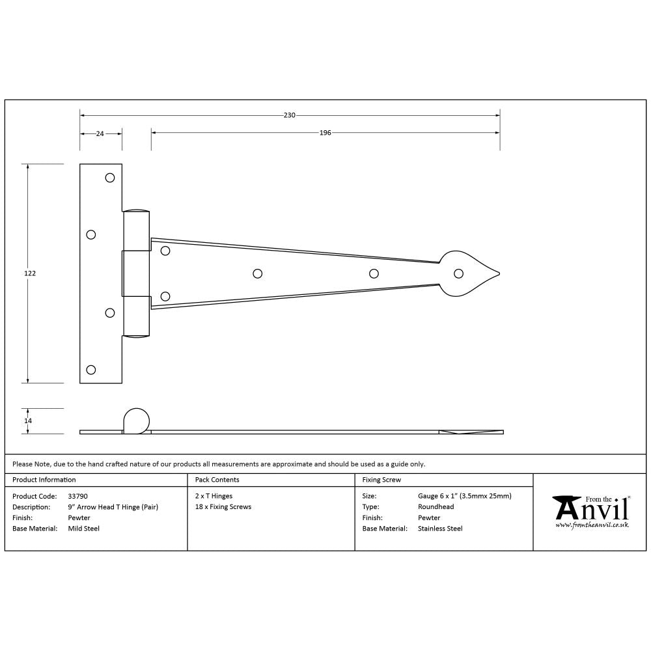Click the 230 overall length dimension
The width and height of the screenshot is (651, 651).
coord(290,115)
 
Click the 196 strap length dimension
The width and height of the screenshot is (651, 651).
coord(325,133)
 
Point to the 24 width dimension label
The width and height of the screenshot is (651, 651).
coord(100,133)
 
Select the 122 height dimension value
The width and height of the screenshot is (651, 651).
coord(30,273)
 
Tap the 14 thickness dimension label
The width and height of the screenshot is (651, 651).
coord(27,421)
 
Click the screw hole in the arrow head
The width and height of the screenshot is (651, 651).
coord(459,273)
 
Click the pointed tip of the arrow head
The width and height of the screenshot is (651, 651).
coord(499,273)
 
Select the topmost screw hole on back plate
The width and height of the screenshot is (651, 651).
coord(110,177)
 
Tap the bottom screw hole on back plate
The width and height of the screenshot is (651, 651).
coord(91,370)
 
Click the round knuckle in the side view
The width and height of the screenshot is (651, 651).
coord(136,420)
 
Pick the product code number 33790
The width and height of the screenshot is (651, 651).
coord(78,496)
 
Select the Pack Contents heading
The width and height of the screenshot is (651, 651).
coord(217,480)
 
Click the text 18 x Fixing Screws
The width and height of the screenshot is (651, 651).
coord(223,506)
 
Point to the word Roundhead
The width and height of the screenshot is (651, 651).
coord(436,506)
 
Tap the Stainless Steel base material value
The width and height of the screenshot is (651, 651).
coord(440,529)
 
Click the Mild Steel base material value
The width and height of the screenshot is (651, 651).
coord(84,529)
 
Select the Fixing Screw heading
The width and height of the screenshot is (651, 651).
coord(382,480)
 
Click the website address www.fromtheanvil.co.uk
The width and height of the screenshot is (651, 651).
coord(592,525)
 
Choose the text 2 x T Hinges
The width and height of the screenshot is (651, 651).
coord(214,496)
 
